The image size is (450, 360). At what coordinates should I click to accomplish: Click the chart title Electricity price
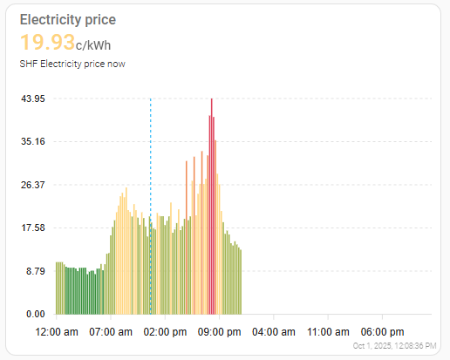coord(68,20)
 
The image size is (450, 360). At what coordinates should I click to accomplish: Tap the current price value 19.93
coord(47,42)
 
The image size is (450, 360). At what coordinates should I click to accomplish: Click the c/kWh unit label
coord(93,45)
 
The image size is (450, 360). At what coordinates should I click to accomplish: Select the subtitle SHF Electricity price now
coord(72,64)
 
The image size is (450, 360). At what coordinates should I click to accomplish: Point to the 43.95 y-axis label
coord(33,98)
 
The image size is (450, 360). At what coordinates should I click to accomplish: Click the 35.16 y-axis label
coord(33,141)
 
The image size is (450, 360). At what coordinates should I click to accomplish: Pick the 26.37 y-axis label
coord(33,185)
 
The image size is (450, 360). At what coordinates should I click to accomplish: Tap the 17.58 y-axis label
coord(33,228)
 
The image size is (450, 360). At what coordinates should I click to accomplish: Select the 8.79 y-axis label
coord(36,271)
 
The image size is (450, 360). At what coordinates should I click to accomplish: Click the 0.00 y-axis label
coord(36,314)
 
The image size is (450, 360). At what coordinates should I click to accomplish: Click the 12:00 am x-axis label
coord(57,332)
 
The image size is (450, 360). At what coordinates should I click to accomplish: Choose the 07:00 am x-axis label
coord(111,332)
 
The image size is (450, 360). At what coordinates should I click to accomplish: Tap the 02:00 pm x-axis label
coord(165,332)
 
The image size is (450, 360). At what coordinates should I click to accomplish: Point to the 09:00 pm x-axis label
coord(220,332)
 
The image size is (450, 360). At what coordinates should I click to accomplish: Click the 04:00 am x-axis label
coord(274,332)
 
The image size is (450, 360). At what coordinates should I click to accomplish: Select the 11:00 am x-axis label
coord(328,332)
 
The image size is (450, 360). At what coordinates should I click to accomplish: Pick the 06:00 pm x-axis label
coord(383,332)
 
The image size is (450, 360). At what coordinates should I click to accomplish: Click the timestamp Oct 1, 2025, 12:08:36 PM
coord(394,346)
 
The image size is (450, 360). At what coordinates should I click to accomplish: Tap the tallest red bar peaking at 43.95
coord(212,207)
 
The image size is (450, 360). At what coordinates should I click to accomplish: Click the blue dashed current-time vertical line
coord(151,207)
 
